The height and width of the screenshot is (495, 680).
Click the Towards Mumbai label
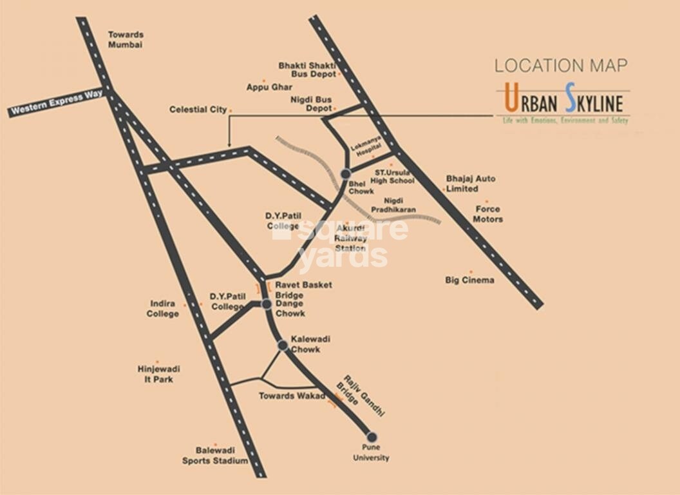(x=126, y=39)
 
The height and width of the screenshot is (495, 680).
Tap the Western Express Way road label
(x=56, y=103)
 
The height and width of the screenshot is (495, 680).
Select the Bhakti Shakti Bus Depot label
(x=307, y=70)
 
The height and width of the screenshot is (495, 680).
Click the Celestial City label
(x=198, y=110)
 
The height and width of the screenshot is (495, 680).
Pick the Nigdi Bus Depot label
(x=310, y=104)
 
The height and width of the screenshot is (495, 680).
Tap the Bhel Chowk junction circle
(x=346, y=173)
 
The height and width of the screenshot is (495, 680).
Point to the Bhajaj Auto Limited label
(x=471, y=184)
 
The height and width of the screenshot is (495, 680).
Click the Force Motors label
(x=488, y=214)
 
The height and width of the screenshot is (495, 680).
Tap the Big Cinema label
(x=470, y=280)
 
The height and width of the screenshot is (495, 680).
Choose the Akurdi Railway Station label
(x=350, y=238)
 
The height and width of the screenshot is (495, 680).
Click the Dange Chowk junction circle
(x=267, y=304)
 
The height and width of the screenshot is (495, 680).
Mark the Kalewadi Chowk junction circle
(x=282, y=345)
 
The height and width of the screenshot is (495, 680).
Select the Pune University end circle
(x=371, y=436)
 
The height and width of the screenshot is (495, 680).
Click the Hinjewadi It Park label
(x=158, y=374)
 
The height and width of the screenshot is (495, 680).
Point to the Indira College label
(x=163, y=308)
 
